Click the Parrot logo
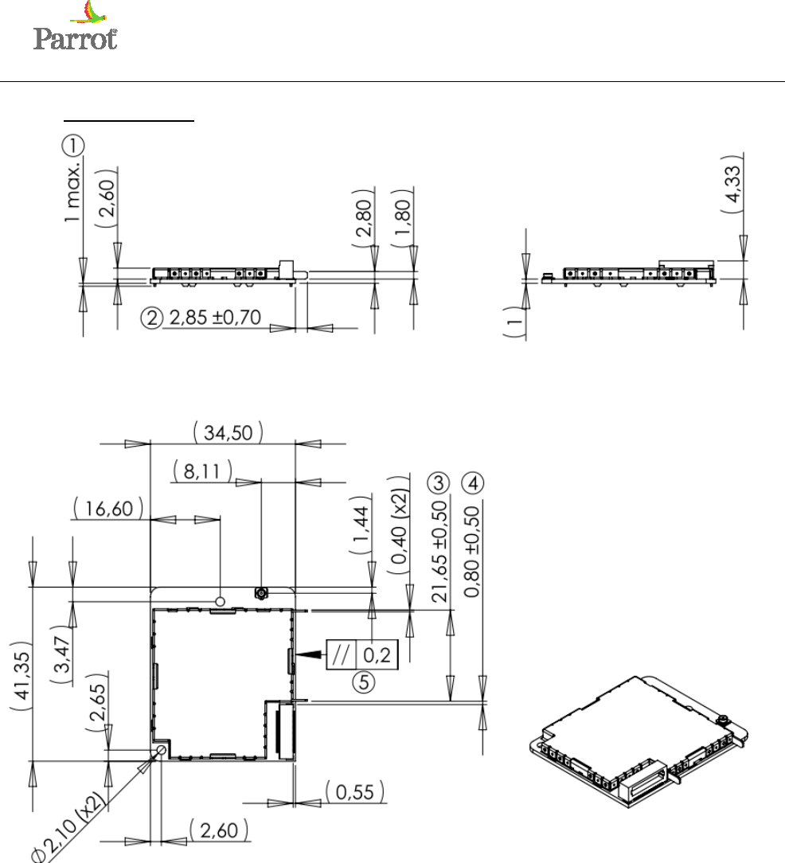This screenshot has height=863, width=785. pos(75,25)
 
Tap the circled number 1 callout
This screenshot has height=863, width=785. pos(72,146)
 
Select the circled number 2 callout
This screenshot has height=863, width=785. pos(151,318)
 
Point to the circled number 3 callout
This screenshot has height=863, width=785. pos(439,483)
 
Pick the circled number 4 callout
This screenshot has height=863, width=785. pos(472,483)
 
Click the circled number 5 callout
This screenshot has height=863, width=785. pos(363,682)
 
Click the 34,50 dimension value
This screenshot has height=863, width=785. pos(228,432)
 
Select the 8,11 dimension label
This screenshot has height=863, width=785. pos(202,471)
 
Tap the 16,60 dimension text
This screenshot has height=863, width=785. pos(108,509)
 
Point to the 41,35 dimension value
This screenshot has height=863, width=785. pos(22,675)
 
